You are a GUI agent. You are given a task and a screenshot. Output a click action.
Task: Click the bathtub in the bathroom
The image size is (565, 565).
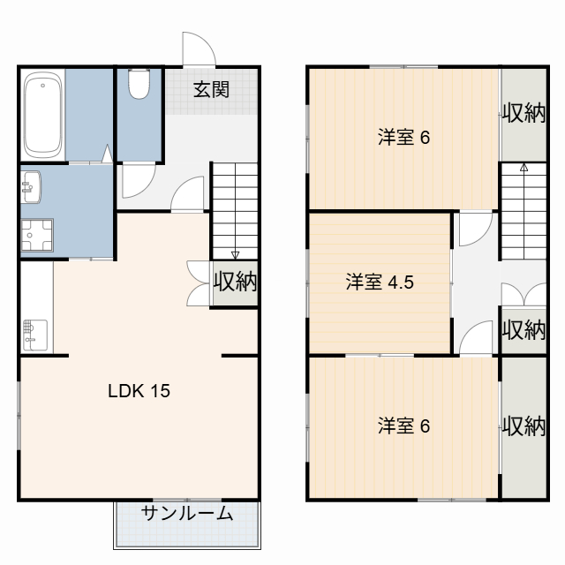pos(42,114)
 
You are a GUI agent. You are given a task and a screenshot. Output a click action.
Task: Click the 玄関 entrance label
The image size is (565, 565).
pos(213,89)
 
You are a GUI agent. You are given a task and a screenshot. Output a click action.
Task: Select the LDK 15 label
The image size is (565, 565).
pos(139,389)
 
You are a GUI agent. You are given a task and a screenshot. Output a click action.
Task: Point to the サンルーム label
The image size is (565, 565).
pos(187,514)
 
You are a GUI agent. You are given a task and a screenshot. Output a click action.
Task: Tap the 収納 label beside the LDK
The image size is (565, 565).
pos(235,282)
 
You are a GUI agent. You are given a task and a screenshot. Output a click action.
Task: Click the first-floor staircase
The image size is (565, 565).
pos(235,208)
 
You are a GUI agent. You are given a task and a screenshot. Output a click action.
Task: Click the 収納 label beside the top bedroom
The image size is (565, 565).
pos(524,114)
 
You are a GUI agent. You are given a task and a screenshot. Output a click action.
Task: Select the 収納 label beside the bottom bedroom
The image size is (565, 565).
pos(524,426)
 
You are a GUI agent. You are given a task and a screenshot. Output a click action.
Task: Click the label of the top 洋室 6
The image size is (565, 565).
pos(403,138)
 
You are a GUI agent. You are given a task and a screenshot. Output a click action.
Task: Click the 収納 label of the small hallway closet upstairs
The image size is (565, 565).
pos(524,330)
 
